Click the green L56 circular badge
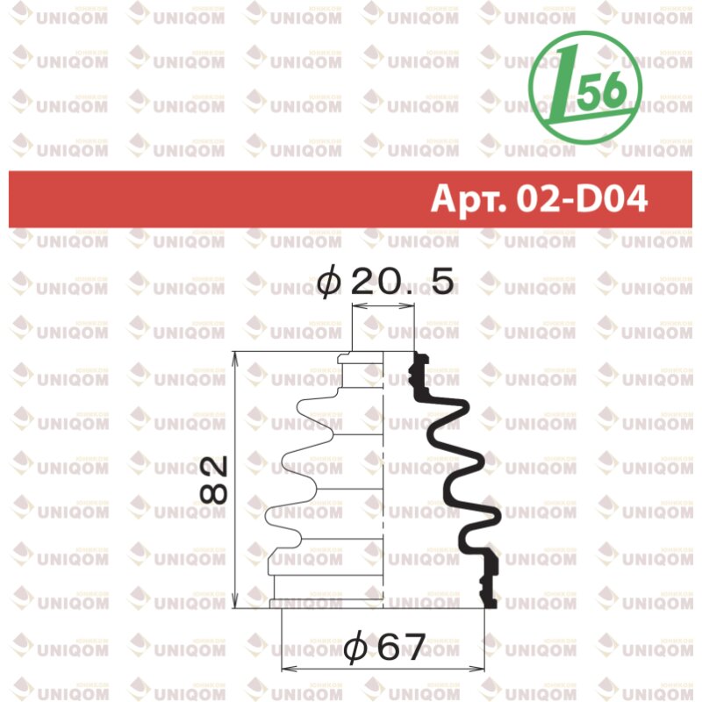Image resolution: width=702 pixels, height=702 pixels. pos(585,87)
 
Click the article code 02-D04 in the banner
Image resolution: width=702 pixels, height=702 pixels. pos(582,199)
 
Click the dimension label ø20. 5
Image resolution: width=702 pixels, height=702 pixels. pos(385,281)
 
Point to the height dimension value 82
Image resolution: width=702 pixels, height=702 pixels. pos(213,480)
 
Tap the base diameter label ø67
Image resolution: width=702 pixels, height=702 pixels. pos(384,646)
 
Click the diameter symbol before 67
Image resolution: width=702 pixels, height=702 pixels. pos(355,647)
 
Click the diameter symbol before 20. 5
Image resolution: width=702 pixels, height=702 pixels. pos(329,282)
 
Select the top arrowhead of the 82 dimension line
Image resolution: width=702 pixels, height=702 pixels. pos(235,359)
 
